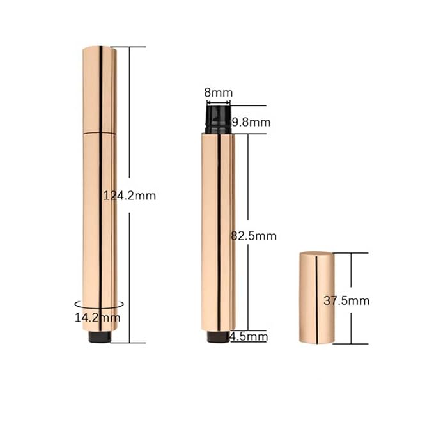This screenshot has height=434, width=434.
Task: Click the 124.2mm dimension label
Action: [130, 196]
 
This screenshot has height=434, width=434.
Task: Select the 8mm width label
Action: [218, 92]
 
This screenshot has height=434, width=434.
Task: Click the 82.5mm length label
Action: [253, 235]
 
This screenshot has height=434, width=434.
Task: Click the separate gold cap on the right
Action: [316, 297]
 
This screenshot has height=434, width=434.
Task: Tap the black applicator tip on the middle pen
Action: [218, 120]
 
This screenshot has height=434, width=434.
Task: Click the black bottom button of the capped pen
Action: [99, 337]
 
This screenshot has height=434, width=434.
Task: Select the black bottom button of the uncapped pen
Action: [219, 337]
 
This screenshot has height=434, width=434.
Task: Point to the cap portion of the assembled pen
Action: [100, 89]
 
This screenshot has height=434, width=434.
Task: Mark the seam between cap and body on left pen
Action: [100, 132]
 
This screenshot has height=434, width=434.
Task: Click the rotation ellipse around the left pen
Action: [77, 305]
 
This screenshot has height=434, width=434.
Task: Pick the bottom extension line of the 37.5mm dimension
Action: [350, 343]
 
